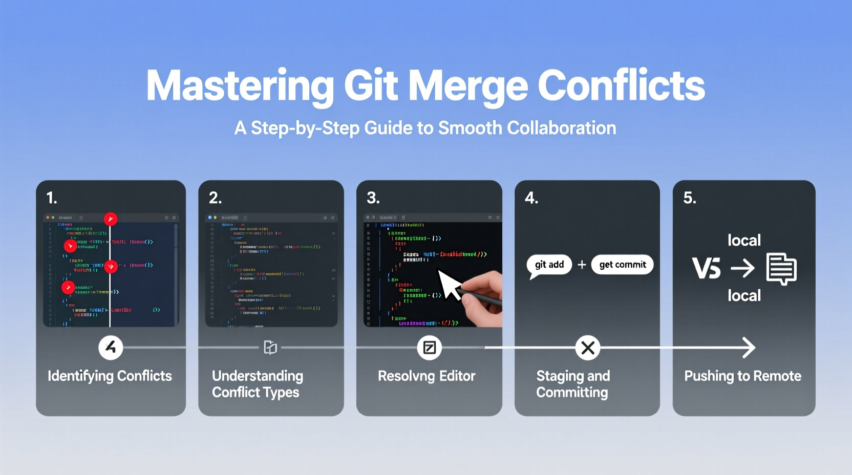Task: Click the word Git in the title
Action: [371, 85]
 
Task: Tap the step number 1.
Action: [51, 198]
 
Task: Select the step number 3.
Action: [373, 198]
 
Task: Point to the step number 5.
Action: [689, 198]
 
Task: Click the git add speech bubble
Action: [549, 265]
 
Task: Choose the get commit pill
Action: [622, 265]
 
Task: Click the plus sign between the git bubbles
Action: [582, 265]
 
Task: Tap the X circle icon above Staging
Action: [588, 348]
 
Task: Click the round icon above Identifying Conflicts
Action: [111, 348]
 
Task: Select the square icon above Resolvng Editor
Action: [429, 348]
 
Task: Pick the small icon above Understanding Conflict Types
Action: [270, 348]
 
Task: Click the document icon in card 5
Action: [781, 268]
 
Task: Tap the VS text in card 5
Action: [706, 268]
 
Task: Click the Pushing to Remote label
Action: [742, 376]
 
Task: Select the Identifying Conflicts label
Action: [110, 376]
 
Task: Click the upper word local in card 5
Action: [744, 241]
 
